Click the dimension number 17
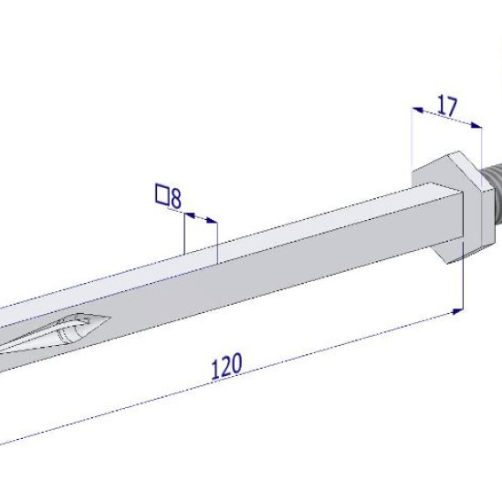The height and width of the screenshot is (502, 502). tap(447, 105)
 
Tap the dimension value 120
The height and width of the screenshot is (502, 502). tap(227, 366)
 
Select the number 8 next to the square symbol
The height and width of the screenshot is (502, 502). tap(176, 197)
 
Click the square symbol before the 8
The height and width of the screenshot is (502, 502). tap(162, 194)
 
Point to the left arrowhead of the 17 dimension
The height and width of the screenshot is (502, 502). tap(418, 110)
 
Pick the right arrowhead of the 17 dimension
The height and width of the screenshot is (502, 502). tap(476, 125)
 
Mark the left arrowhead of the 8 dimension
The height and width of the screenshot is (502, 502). tap(190, 215)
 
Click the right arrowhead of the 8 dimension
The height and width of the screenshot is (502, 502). tap(212, 220)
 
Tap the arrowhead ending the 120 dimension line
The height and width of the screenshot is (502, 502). tap(457, 311)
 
